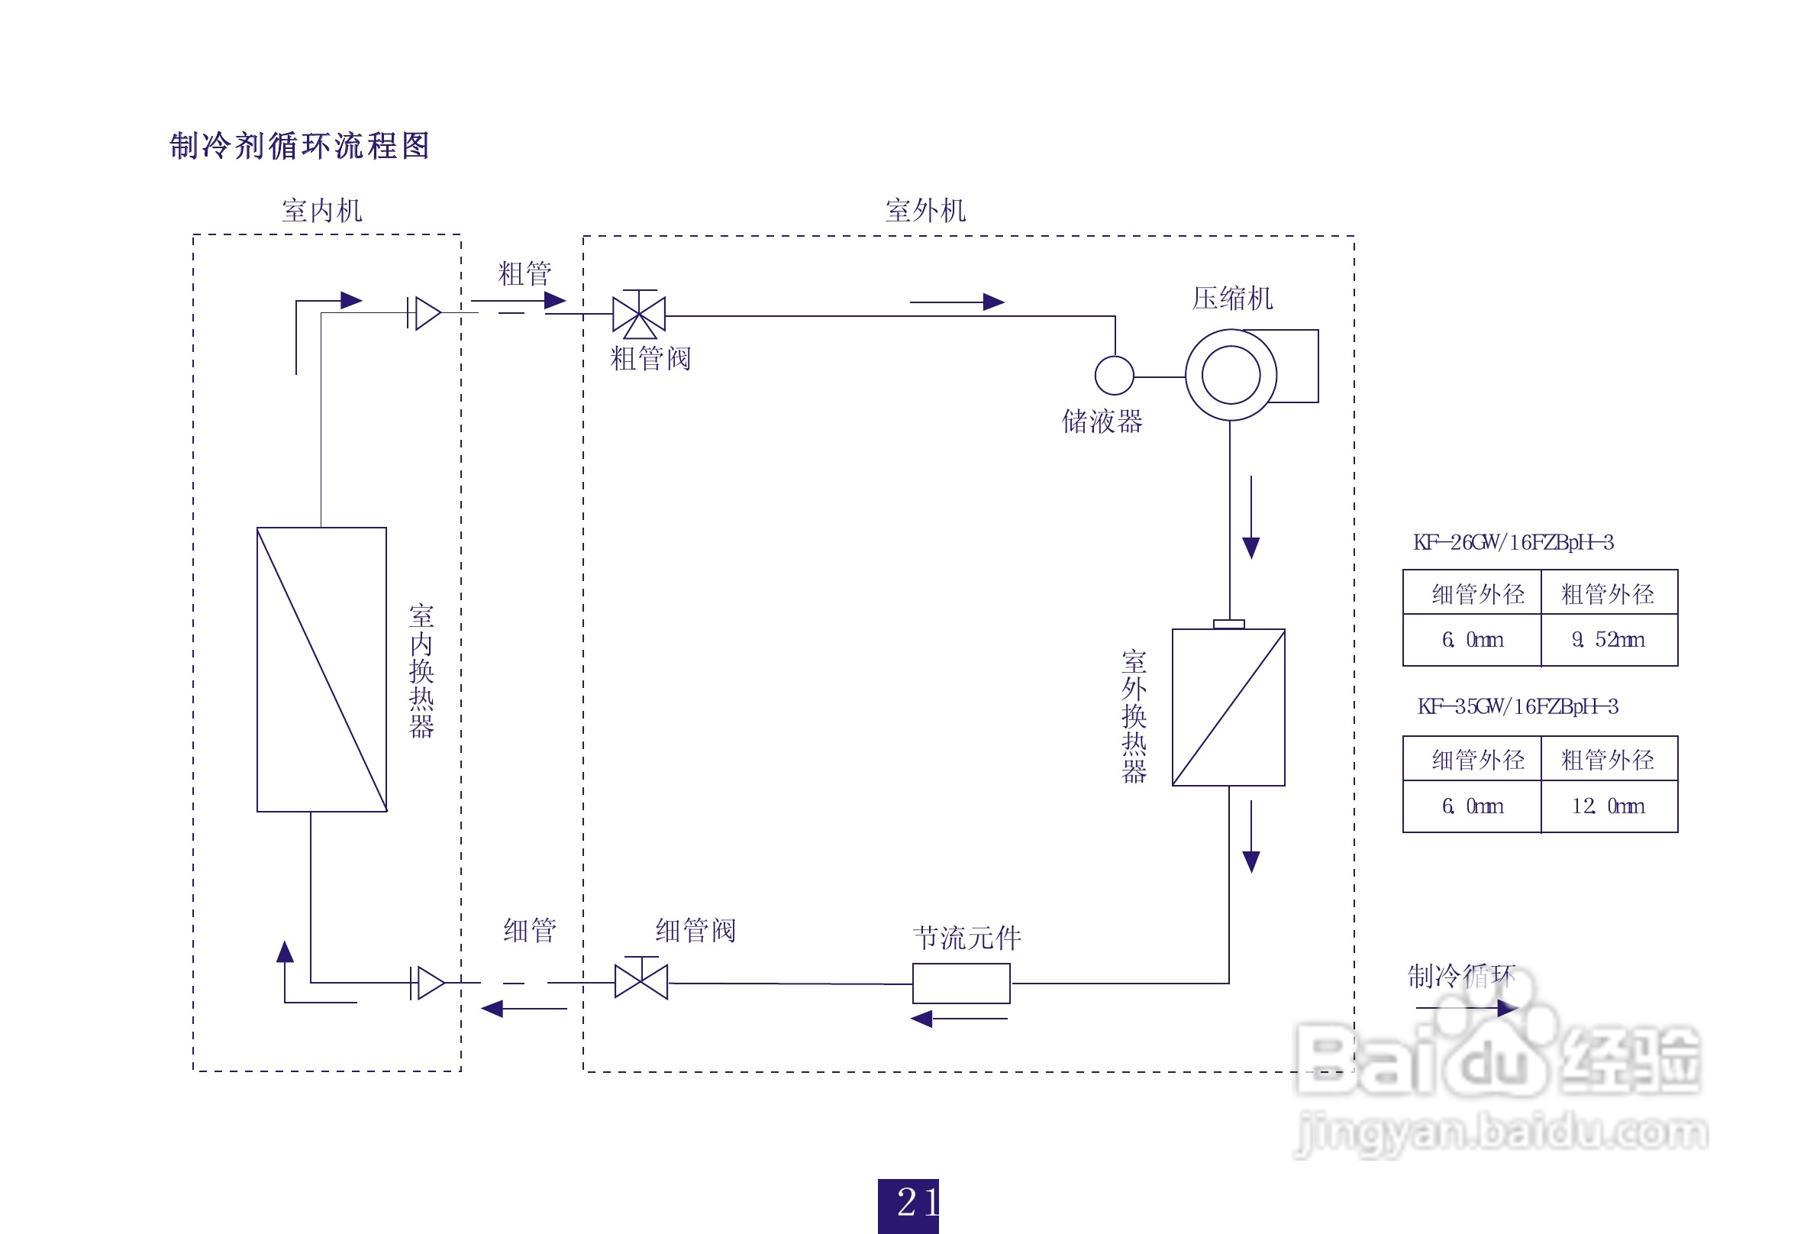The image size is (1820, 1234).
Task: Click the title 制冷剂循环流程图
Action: point(299,146)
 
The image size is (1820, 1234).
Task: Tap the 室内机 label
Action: point(322,211)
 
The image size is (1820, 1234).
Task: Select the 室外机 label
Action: point(926,211)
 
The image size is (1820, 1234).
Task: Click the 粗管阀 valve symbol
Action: point(639,315)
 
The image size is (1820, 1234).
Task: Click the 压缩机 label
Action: point(1232,299)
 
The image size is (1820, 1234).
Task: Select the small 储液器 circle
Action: point(1114,376)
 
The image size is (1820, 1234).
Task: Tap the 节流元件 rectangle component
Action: point(961,984)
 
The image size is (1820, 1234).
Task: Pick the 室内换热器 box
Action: point(322,670)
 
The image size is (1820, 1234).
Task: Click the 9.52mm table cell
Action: point(1609,640)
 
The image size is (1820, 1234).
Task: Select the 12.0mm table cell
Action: point(1609,806)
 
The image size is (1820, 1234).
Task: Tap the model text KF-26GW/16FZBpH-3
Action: point(1513,542)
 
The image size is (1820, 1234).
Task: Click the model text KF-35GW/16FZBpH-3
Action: point(1517,706)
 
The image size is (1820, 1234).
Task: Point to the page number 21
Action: point(908,1203)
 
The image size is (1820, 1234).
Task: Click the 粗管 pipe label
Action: point(524,274)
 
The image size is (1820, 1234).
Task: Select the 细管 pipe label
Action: point(529,931)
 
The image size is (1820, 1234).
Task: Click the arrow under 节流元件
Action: point(960,1019)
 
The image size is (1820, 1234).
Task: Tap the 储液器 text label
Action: point(1102,422)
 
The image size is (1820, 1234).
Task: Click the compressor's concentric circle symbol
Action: point(1231,375)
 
